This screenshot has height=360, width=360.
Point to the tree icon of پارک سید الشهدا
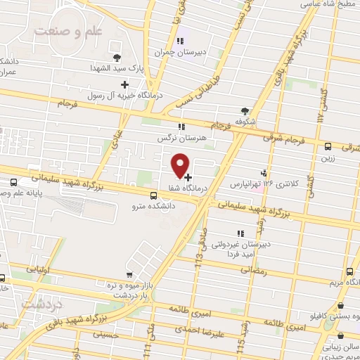(117, 58)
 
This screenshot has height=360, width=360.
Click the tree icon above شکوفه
(245, 111)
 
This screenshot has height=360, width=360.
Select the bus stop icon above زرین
(328, 146)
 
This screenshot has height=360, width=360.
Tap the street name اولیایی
(37, 268)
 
